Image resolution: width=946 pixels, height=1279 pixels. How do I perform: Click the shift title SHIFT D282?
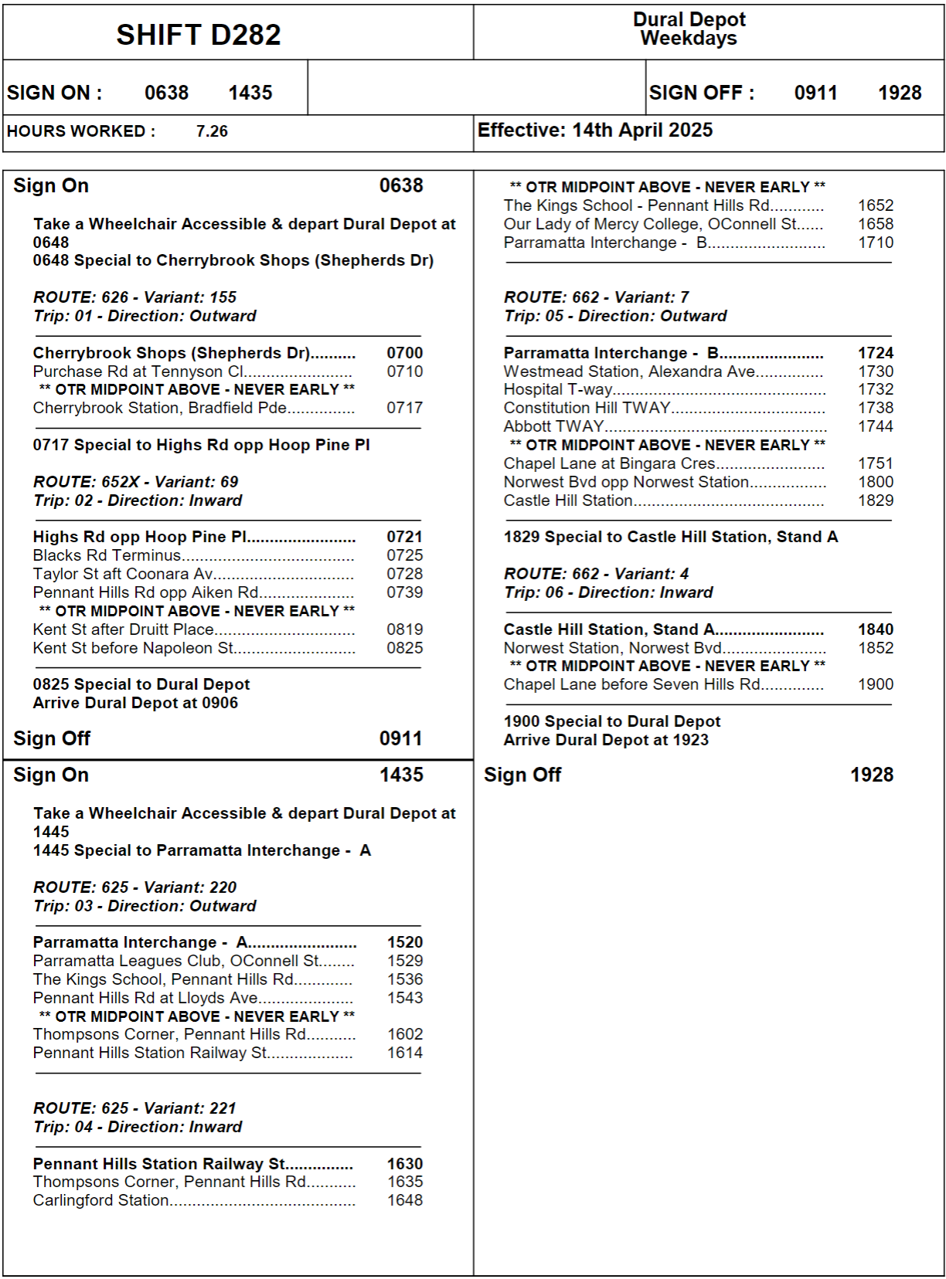pyautogui.click(x=199, y=35)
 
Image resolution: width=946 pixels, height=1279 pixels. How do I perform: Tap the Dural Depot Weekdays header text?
pyautogui.click(x=689, y=29)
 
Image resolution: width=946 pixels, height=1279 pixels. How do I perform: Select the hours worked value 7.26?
pyautogui.click(x=212, y=131)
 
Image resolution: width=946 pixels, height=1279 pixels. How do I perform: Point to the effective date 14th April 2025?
pyautogui.click(x=642, y=131)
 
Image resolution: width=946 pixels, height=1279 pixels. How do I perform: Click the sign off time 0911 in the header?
pyautogui.click(x=815, y=93)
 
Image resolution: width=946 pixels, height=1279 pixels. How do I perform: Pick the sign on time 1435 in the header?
pyautogui.click(x=250, y=93)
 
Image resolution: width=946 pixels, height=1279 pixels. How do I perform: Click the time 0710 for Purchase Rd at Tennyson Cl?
pyautogui.click(x=405, y=371)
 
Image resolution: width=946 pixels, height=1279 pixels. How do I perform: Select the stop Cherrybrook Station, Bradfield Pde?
pyautogui.click(x=160, y=408)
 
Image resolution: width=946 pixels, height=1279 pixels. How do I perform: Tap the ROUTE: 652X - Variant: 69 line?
pyautogui.click(x=136, y=482)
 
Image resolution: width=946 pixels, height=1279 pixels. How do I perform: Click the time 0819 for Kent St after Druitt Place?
pyautogui.click(x=405, y=629)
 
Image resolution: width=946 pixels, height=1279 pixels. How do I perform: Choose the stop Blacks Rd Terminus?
pyautogui.click(x=107, y=555)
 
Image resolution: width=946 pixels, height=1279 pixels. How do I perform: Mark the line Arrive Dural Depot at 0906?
pyautogui.click(x=135, y=703)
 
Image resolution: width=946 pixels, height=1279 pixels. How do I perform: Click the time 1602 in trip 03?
pyautogui.click(x=405, y=1034)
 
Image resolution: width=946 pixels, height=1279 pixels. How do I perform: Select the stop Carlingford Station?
pyautogui.click(x=100, y=1200)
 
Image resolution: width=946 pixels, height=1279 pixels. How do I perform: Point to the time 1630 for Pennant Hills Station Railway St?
pyautogui.click(x=405, y=1164)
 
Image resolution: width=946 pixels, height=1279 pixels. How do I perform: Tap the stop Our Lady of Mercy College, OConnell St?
pyautogui.click(x=651, y=224)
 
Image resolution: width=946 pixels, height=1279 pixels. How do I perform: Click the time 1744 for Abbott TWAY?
pyautogui.click(x=876, y=426)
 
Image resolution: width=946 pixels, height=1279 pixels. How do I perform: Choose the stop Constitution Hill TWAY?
pyautogui.click(x=587, y=408)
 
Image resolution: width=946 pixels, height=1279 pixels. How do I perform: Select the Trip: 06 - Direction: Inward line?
pyautogui.click(x=608, y=592)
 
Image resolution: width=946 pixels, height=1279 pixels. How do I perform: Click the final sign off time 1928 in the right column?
pyautogui.click(x=872, y=775)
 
